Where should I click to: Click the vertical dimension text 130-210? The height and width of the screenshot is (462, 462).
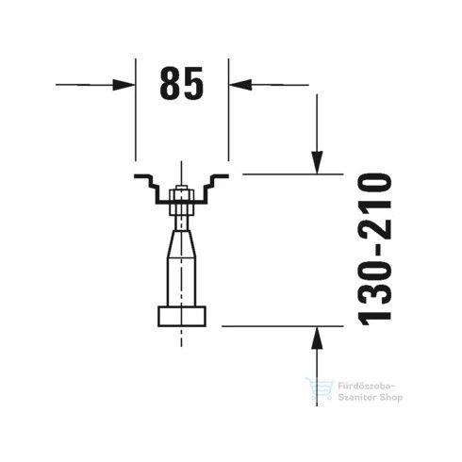click(375, 247)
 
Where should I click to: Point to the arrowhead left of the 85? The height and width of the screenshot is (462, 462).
click(125, 85)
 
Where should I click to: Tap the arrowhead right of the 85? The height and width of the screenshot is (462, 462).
click(239, 85)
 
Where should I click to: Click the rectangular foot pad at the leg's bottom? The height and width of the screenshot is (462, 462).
click(182, 316)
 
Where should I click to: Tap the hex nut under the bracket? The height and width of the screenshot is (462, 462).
click(182, 198)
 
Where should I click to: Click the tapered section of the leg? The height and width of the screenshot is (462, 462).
click(182, 248)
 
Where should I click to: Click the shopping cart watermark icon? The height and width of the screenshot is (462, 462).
click(317, 389)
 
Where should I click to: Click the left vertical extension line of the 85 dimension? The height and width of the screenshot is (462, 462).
click(136, 113)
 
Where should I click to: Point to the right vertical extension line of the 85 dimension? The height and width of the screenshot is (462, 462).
click(228, 113)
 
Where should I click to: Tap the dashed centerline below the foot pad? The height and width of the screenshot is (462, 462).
click(182, 338)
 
